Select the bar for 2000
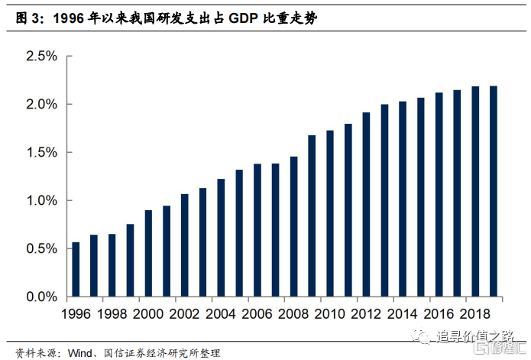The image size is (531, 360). (148, 253)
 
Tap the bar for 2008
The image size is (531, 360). (293, 226)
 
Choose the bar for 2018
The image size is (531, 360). (475, 191)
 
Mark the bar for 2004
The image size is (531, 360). (221, 238)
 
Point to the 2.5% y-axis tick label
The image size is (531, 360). (41, 57)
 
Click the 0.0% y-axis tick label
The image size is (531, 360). (41, 297)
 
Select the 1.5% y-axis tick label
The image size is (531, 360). (41, 153)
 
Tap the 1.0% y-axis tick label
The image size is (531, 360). (41, 201)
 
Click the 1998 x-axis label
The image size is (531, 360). (112, 314)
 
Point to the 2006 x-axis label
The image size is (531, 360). (257, 314)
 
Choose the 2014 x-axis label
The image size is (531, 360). (403, 314)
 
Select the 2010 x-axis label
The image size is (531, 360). (330, 314)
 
